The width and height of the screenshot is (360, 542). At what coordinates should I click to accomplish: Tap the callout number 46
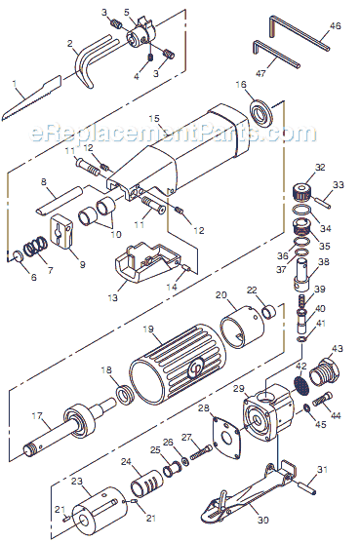tap(336, 25)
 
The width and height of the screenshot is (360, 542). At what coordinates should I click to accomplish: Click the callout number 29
tap(237, 389)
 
